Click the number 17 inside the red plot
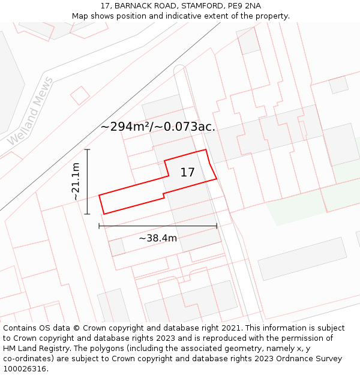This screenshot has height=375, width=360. pos(187,173)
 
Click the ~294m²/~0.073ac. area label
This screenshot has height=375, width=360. pos(158,127)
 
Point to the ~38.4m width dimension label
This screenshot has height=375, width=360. pos(158,238)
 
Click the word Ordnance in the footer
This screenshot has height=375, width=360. pos(286,359)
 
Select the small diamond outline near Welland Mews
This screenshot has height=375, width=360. pos(80,95)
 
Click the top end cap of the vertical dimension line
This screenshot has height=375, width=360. pos(88,149)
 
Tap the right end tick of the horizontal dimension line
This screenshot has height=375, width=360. pos(217,226)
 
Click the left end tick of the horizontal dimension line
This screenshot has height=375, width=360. pos(99,226)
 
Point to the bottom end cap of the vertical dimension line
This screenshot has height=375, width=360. pos(88,214)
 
